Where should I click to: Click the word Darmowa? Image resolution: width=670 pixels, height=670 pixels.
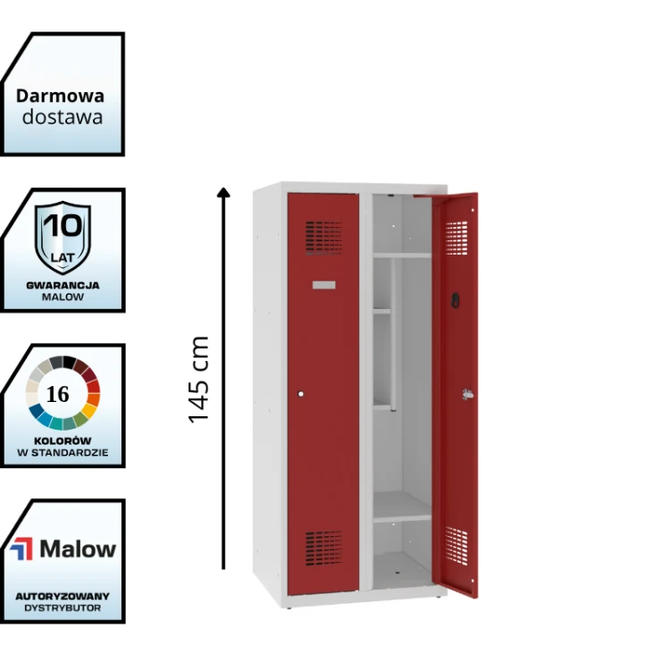(x=60, y=96)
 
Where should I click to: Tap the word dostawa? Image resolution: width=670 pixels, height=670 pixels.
(x=63, y=116)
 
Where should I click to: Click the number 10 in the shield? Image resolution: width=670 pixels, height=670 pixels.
(x=63, y=225)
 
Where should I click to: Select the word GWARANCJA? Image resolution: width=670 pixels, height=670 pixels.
(x=63, y=285)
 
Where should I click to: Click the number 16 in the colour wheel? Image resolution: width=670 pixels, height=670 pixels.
(x=57, y=395)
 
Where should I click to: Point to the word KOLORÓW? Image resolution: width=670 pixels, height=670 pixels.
(x=63, y=441)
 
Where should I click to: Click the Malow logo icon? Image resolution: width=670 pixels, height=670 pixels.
(x=21, y=549)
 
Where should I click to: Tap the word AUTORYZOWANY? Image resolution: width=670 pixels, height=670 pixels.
(x=63, y=595)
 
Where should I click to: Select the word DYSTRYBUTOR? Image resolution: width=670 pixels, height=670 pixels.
(x=63, y=607)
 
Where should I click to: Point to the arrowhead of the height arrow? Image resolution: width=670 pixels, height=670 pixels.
(x=223, y=191)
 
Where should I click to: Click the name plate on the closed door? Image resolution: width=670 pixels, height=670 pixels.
(x=323, y=284)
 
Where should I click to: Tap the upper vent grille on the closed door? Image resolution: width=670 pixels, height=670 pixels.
(x=323, y=238)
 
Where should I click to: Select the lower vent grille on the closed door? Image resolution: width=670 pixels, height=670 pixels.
(x=323, y=545)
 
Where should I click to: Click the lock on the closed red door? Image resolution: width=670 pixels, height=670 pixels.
(x=301, y=393)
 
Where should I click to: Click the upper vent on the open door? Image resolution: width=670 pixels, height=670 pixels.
(x=457, y=236)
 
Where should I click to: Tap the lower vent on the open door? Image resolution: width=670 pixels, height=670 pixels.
(x=456, y=544)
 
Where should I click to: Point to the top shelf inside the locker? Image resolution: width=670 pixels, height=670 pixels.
(x=402, y=255)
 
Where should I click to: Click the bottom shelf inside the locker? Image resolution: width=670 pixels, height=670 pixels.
(x=402, y=518)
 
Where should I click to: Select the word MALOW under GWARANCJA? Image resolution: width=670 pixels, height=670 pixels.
(x=63, y=297)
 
